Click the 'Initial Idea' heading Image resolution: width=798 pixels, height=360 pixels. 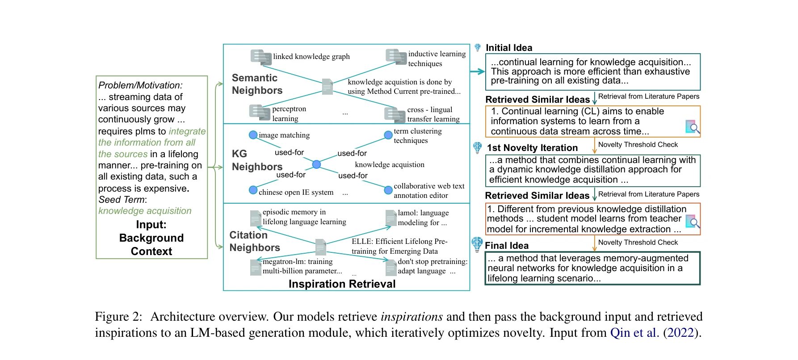(x=509, y=48)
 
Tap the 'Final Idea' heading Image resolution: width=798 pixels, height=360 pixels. (x=506, y=246)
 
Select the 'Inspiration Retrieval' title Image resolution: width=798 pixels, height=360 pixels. (x=342, y=284)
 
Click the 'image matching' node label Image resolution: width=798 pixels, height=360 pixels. (x=284, y=135)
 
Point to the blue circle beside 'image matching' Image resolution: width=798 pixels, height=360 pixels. (x=253, y=135)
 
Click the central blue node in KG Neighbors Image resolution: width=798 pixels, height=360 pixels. (x=316, y=164)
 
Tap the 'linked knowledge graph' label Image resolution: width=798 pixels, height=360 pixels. (x=311, y=57)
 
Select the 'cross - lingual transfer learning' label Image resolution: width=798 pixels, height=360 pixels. (x=433, y=114)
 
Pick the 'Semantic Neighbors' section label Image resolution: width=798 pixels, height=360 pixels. (x=257, y=84)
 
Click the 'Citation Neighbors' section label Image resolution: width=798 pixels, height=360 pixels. (x=255, y=241)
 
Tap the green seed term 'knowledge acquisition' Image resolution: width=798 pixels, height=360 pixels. (x=145, y=211)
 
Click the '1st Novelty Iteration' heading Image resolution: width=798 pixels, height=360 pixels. (x=532, y=148)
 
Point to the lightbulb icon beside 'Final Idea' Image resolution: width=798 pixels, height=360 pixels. (x=477, y=244)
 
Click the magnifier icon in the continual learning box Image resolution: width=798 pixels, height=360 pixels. (x=692, y=127)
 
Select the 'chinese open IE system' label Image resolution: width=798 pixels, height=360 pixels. (x=296, y=192)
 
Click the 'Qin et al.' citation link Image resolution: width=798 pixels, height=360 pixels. (x=634, y=333)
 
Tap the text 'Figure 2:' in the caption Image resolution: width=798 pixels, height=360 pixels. (x=118, y=317)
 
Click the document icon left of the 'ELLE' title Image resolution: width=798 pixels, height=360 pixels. (x=320, y=247)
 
